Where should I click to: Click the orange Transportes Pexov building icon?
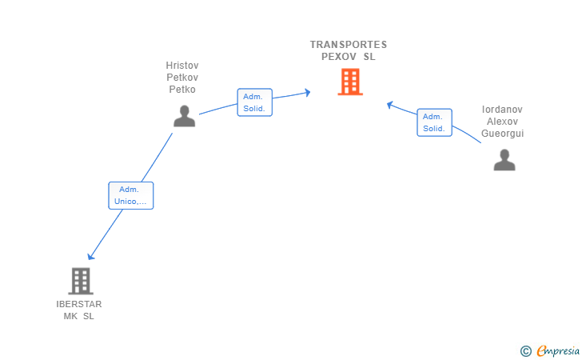(349, 82)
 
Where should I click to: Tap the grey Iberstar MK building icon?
(80, 281)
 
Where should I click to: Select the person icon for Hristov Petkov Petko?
(184, 116)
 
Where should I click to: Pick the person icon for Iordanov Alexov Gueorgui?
(504, 160)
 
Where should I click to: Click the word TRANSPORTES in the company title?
(349, 45)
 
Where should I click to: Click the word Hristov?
(182, 65)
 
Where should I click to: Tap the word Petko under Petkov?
(182, 90)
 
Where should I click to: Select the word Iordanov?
(502, 109)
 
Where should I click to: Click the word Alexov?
(502, 122)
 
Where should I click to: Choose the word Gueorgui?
(502, 134)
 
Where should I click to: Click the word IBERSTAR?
(79, 304)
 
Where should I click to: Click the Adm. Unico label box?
(130, 195)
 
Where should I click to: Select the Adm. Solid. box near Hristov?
(255, 102)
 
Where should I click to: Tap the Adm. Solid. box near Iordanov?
(434, 122)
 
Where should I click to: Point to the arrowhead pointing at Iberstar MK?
(91, 256)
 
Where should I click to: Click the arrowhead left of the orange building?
(307, 93)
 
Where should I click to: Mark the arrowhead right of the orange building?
(389, 104)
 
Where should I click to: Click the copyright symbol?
(525, 350)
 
